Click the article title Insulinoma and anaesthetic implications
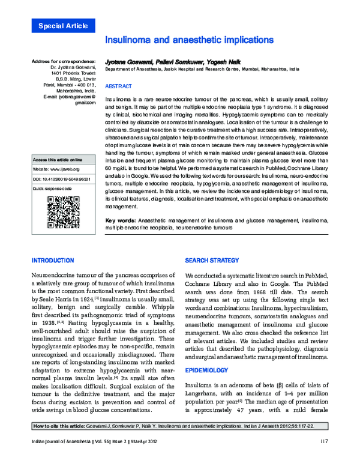click(x=189, y=40)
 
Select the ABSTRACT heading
click(x=119, y=86)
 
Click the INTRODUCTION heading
click(x=52, y=261)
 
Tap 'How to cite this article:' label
click(x=62, y=443)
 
